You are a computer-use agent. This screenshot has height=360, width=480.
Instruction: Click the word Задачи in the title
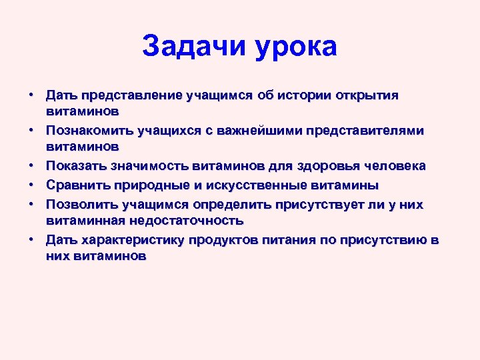pyautogui.click(x=193, y=47)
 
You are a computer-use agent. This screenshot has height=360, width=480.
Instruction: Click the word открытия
pyautogui.click(x=363, y=95)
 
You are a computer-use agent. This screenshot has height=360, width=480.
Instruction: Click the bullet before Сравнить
pyautogui.click(x=31, y=185)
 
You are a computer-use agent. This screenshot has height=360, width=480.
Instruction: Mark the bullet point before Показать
pyautogui.click(x=31, y=165)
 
